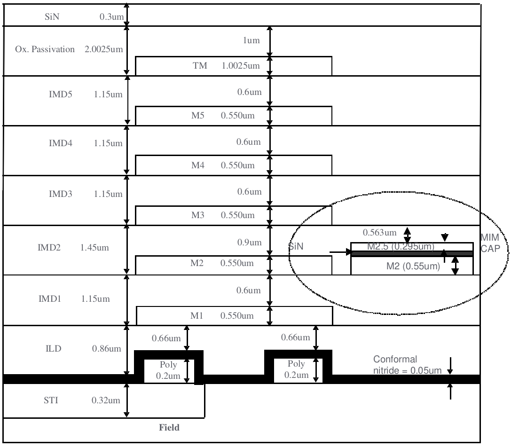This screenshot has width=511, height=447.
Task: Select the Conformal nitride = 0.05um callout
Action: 407,365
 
